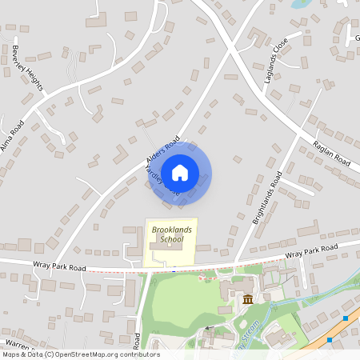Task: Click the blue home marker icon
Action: [180, 173]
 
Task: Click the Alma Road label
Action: [14, 132]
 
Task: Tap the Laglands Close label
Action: [275, 62]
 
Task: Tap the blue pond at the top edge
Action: [301, 3]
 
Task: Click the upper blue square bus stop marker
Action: [346, 318]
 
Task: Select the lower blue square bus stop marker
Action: [329, 339]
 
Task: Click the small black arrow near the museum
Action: [210, 327]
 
